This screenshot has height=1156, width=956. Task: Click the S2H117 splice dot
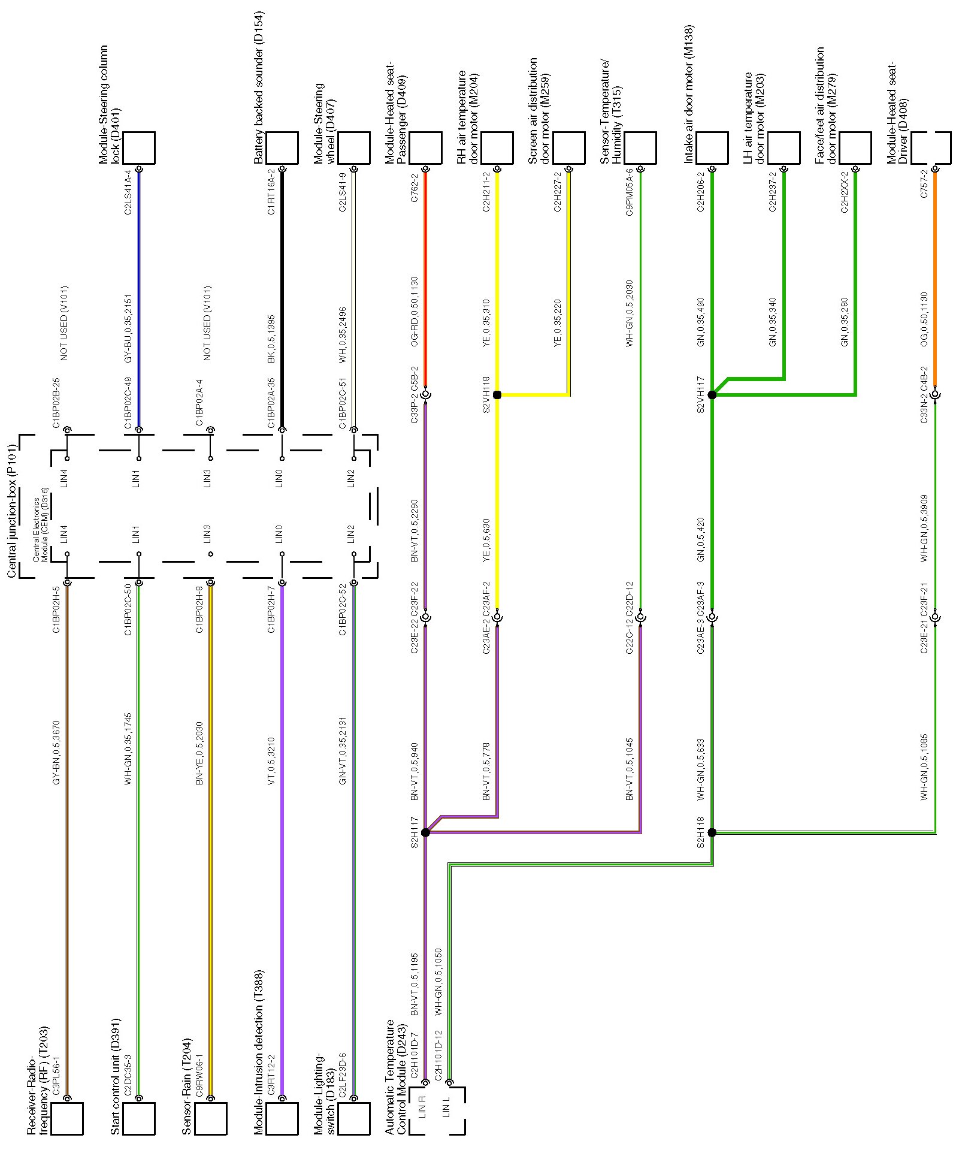point(425,832)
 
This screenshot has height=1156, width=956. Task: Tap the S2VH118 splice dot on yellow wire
point(497,395)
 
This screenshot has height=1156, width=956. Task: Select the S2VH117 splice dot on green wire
point(712,395)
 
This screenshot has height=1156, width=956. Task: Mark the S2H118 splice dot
point(712,832)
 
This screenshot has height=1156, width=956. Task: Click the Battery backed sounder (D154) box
point(282,148)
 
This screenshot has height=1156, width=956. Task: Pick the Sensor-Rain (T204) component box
point(211,1118)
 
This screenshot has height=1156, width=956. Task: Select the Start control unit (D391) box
point(139,1118)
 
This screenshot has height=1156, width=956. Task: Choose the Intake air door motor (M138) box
point(712,148)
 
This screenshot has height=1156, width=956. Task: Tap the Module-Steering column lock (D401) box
point(139,148)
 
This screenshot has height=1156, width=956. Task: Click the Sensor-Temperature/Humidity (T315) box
point(640,148)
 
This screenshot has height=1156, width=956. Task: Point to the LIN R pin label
point(422,1106)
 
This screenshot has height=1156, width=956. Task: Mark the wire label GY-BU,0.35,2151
point(128,328)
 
